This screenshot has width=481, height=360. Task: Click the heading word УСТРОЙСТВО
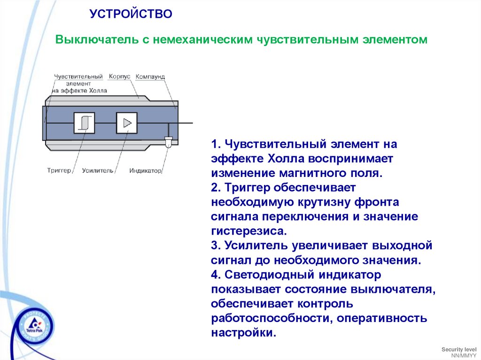[x=131, y=14]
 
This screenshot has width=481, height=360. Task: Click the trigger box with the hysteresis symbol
[x=84, y=123]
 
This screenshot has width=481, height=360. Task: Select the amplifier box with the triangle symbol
[x=126, y=123]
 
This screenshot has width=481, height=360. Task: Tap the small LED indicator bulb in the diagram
[x=168, y=140]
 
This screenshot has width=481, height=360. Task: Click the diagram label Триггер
[x=59, y=170]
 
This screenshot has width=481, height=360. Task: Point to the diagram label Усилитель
[x=98, y=170]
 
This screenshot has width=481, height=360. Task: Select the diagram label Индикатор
[x=146, y=170]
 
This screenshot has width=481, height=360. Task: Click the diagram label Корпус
[x=119, y=76]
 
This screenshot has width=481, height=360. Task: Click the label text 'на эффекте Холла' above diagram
[x=79, y=91]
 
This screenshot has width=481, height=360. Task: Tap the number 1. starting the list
[x=216, y=144]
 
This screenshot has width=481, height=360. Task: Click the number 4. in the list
[x=216, y=275]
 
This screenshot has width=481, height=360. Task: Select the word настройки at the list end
[x=241, y=333]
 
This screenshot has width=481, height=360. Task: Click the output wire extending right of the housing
[x=186, y=123]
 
